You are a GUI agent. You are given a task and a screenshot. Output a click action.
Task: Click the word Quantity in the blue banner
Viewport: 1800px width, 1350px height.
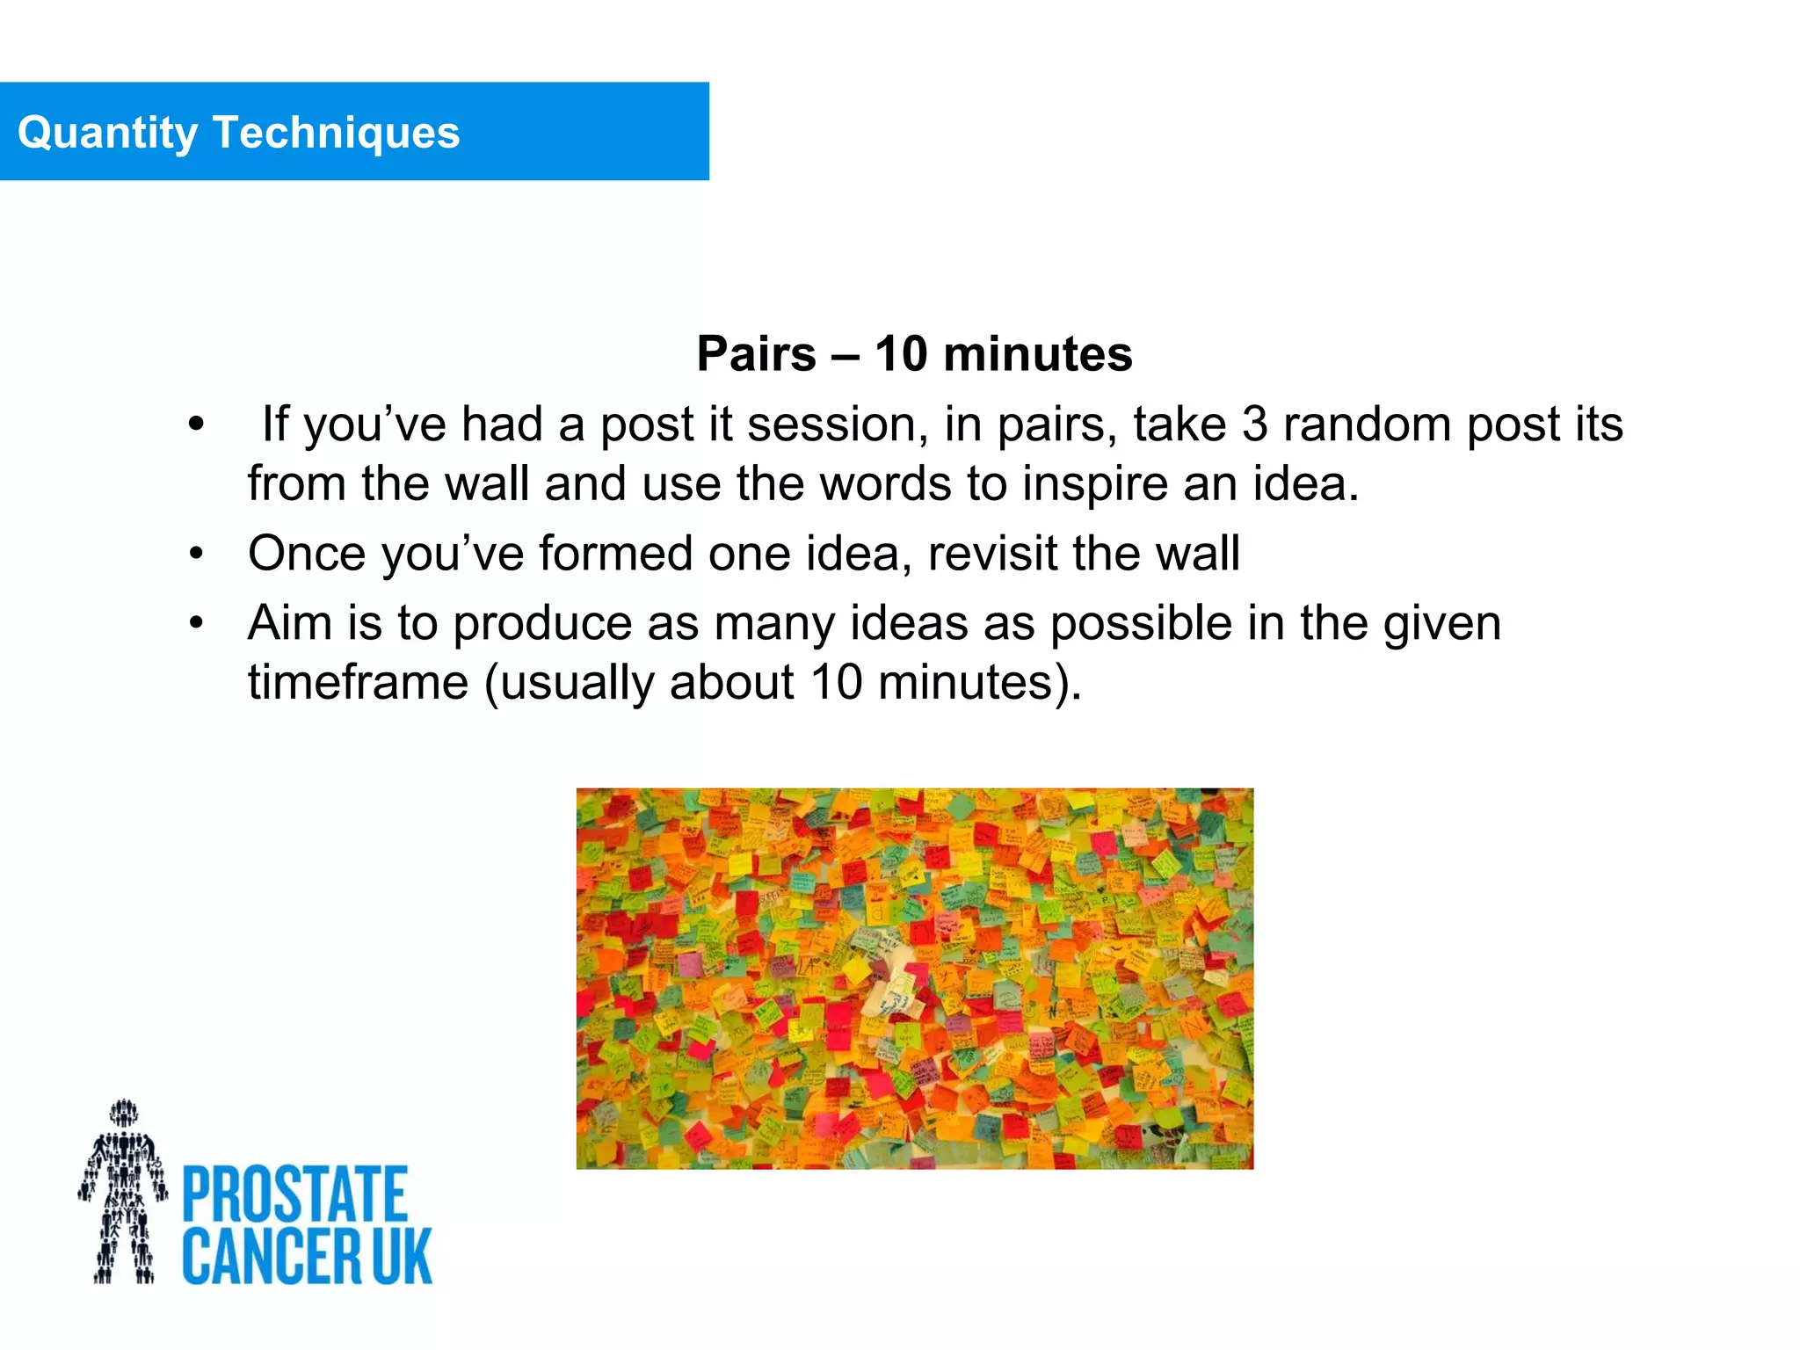(107, 134)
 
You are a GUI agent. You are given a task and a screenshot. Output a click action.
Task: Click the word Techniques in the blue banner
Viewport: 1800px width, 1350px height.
(336, 134)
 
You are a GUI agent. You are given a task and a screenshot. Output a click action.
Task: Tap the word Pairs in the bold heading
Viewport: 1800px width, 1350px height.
(756, 354)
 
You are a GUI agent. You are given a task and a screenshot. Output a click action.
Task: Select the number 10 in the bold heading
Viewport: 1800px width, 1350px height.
(900, 354)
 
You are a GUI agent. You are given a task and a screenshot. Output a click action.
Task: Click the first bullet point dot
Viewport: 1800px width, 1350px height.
(196, 425)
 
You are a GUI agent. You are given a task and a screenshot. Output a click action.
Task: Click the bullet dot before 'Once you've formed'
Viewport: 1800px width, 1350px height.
(196, 554)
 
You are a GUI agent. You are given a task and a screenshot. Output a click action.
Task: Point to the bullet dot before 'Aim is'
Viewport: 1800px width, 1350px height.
(196, 623)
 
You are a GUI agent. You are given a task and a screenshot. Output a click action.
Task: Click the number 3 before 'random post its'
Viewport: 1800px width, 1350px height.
(1254, 425)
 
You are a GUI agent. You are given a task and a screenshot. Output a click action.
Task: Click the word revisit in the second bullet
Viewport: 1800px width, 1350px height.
(992, 554)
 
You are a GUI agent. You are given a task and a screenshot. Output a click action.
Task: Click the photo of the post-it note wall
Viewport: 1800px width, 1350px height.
(914, 978)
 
